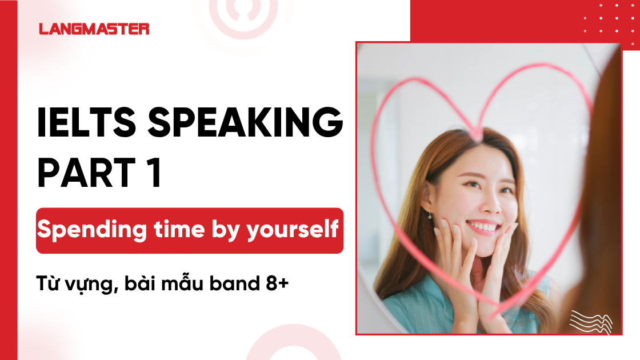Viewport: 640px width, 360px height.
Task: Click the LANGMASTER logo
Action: (94, 29)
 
